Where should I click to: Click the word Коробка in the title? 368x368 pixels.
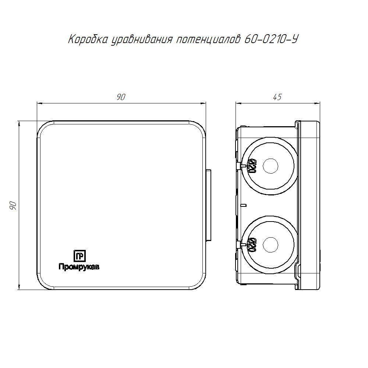click(x=88, y=39)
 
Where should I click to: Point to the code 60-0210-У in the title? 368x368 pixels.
click(x=271, y=39)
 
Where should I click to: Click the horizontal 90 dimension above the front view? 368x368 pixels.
click(x=121, y=97)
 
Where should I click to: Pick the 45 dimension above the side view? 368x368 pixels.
click(x=277, y=97)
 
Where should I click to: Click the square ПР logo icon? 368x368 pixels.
click(x=79, y=256)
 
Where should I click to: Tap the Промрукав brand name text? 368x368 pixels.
click(x=79, y=267)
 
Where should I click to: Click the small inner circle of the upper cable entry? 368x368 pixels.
click(x=270, y=166)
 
